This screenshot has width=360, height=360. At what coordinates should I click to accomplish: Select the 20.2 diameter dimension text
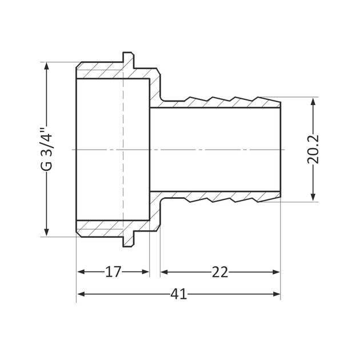pos(313,150)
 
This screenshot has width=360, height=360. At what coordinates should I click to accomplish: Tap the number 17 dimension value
pos(113,271)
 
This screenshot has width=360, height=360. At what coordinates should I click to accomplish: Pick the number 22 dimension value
pos(220,271)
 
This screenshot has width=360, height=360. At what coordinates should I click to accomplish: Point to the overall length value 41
pos(178,294)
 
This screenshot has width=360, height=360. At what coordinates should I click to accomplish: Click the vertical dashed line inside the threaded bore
pos(123,150)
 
